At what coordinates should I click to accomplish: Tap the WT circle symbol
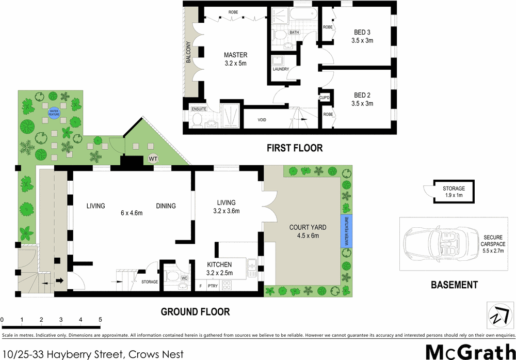[153, 159]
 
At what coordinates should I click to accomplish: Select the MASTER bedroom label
[235, 55]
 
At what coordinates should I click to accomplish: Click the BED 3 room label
[362, 32]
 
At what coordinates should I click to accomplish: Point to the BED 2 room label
[362, 95]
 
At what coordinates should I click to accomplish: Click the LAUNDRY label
[280, 69]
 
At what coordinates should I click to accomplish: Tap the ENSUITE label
[199, 109]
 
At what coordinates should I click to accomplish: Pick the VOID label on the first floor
[262, 120]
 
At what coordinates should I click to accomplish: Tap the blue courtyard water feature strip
[346, 231]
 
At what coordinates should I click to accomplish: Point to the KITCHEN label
[219, 264]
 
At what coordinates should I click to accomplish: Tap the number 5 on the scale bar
[100, 320]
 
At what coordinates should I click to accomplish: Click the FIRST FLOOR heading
[294, 148]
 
